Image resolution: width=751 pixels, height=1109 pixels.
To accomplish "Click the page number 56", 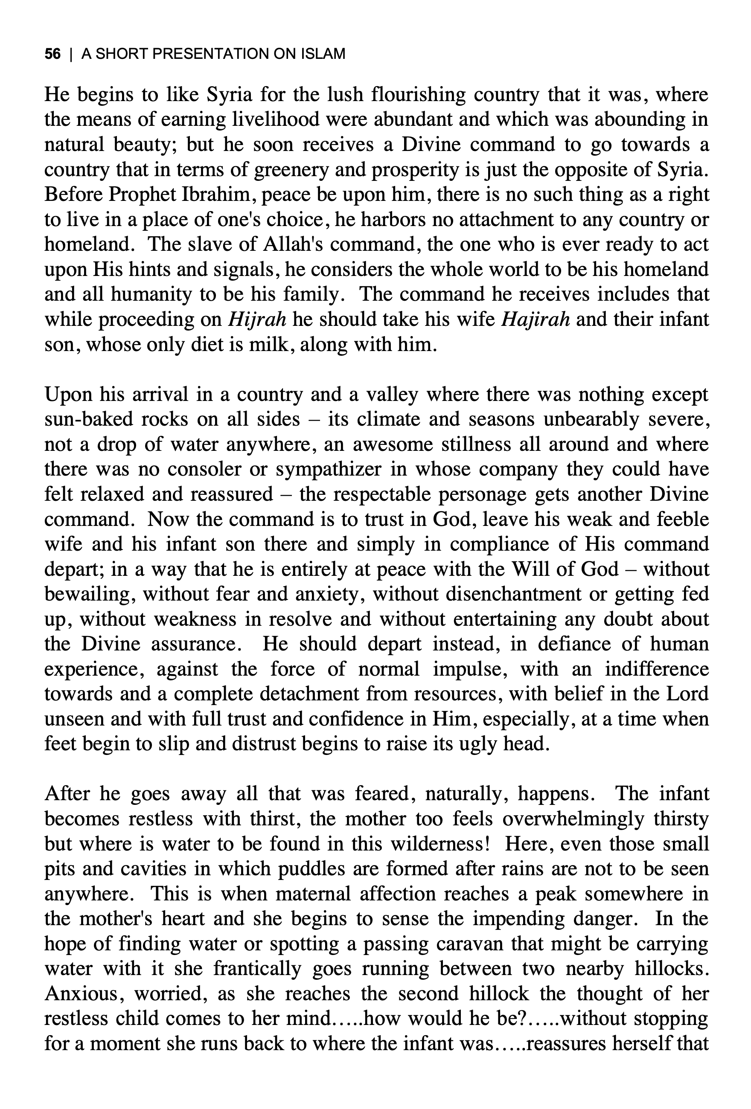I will [52, 54].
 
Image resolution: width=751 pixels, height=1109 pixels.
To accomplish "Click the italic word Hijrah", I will [257, 319].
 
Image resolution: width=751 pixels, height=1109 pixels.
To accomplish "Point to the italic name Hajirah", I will [535, 319].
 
